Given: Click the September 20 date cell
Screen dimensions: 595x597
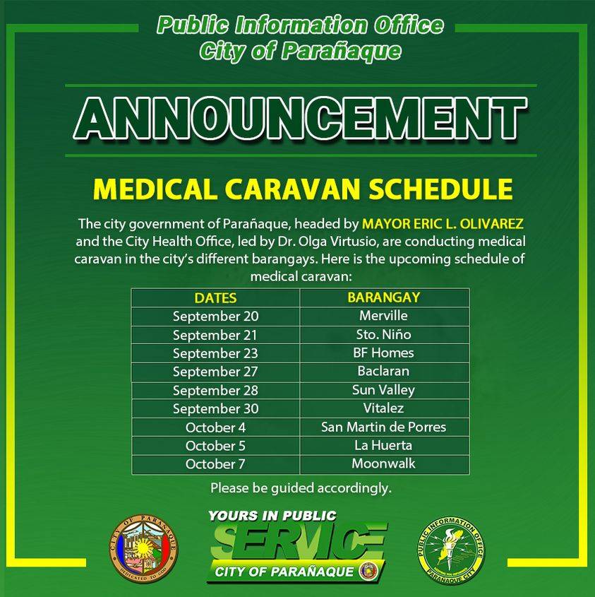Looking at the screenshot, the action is [x=216, y=317].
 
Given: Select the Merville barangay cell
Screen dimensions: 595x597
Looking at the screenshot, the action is [x=384, y=316].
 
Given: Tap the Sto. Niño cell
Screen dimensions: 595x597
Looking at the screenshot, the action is [x=384, y=335].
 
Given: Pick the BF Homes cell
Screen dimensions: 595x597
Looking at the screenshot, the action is [x=384, y=353].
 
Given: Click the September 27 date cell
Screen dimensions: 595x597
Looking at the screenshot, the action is [x=216, y=372].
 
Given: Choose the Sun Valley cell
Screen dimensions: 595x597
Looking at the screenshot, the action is [x=384, y=390].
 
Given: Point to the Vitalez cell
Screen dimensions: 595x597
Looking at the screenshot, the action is [x=384, y=408].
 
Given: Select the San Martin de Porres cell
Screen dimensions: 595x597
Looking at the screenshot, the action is [x=384, y=427].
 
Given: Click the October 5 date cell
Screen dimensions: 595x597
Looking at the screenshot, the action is [x=216, y=446].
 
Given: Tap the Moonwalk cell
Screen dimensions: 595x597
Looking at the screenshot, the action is [x=384, y=464].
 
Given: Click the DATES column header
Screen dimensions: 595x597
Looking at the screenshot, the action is [x=216, y=297].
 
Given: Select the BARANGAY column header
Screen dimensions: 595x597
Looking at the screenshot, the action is [x=384, y=297].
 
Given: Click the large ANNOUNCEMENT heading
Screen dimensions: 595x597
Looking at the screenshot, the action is [x=301, y=119].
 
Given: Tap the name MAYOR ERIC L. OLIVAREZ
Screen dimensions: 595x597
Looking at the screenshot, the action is [x=443, y=223].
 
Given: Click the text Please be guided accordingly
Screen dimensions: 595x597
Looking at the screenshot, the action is [x=301, y=488].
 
